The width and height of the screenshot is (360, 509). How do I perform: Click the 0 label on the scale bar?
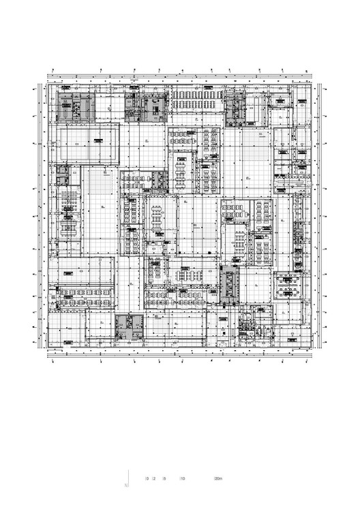(147, 478)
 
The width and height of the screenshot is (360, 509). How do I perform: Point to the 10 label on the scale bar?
(182, 478)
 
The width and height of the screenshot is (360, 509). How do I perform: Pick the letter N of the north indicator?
(126, 485)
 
